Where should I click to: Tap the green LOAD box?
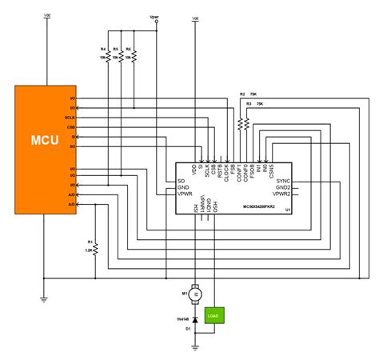tap(213, 314)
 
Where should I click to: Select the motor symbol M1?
tap(194, 294)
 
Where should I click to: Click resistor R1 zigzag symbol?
tap(94, 247)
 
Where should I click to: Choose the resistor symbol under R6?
tap(134, 58)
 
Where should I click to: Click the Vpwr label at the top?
tap(154, 16)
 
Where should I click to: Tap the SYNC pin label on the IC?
tap(283, 182)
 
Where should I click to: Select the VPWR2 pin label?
tap(280, 194)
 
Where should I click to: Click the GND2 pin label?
tap(282, 188)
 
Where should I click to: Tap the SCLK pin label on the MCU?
tap(70, 118)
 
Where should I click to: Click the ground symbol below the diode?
tap(194, 346)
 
